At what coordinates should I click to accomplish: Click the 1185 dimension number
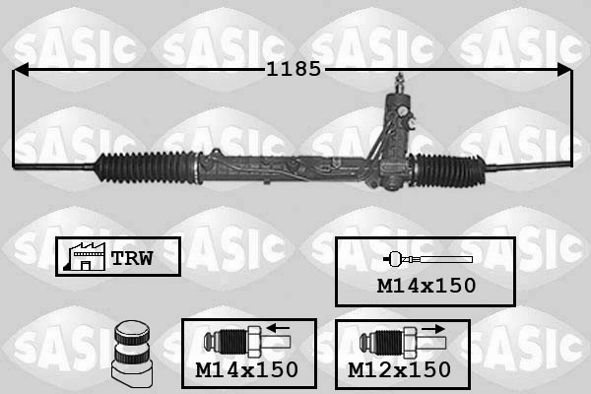click(293, 70)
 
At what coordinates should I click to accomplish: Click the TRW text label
click(130, 258)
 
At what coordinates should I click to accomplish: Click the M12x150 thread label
click(399, 369)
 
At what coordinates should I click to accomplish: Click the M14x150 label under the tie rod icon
click(426, 285)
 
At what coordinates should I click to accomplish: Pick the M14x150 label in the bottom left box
click(246, 369)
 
